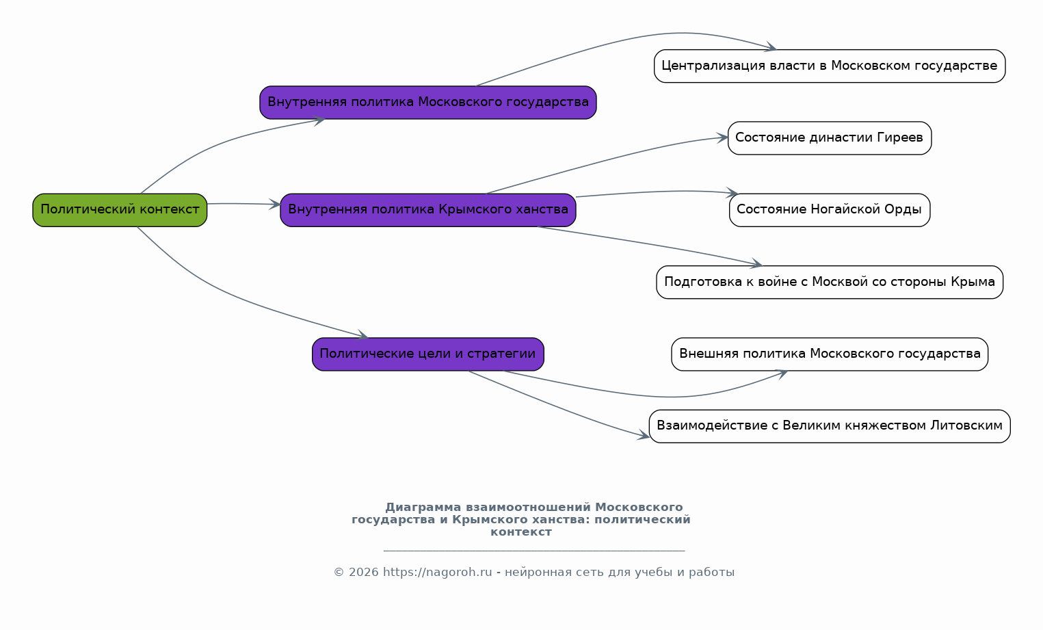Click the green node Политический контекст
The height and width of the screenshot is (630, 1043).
tap(120, 210)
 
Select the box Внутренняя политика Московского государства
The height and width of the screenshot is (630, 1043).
tap(428, 103)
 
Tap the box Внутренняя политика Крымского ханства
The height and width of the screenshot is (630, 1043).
tap(428, 210)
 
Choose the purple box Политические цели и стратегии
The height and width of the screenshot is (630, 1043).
tap(428, 354)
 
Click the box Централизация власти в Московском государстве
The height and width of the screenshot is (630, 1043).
tap(830, 66)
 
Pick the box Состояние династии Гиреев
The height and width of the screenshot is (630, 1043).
tap(830, 137)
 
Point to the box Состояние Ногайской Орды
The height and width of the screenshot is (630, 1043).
tap(830, 210)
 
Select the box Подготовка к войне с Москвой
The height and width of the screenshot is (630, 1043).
tap(830, 283)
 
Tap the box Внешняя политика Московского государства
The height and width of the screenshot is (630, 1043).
tap(830, 354)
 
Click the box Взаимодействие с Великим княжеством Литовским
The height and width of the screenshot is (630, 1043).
tap(830, 426)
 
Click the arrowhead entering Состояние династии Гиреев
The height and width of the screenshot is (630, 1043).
tap(722, 137)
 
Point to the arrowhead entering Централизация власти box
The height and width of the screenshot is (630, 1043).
tap(771, 47)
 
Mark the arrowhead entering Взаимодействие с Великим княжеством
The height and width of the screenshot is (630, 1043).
tap(644, 436)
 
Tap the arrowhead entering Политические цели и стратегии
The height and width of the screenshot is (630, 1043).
tap(362, 334)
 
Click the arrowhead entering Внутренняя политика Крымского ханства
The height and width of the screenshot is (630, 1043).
tap(275, 205)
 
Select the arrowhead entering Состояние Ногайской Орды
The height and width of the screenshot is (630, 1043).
tap(732, 192)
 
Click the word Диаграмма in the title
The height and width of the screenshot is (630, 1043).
tap(423, 508)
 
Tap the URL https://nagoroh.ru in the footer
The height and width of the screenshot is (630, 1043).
tap(437, 573)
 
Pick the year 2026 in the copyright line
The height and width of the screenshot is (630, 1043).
tap(364, 573)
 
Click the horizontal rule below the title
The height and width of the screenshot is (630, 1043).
tap(534, 551)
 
